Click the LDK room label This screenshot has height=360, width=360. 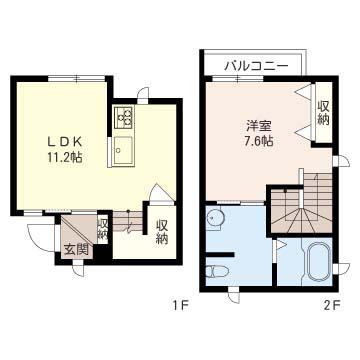pos(64,142)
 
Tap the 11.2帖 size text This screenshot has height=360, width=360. pos(64,157)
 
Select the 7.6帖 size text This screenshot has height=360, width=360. pos(259,141)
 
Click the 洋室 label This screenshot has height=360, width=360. pos(259,126)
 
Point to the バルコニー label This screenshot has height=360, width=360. pos(256,66)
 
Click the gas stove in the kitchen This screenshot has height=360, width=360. pos(124,117)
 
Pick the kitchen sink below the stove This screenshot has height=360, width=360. pos(124,151)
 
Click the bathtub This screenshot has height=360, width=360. pos(319,262)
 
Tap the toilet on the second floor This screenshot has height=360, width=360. pos(215,272)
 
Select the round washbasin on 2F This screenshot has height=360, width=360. pos(215,218)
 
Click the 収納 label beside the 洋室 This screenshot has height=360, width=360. pos(323,113)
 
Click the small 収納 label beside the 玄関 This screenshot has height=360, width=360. pos(102,229)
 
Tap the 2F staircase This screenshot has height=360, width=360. pos(302,204)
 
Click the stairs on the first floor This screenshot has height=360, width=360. pos(128,221)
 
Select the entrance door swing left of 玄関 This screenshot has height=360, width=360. pos(41,237)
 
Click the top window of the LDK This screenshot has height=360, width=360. pos(77,79)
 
